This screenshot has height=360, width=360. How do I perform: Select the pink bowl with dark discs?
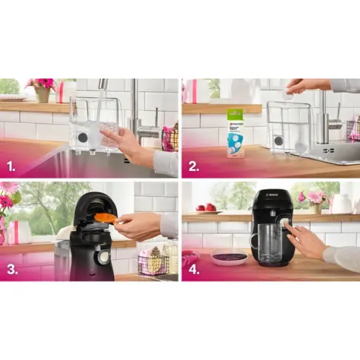230,257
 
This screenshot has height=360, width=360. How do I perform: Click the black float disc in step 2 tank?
278,139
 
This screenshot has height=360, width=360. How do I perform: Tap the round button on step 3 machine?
104,256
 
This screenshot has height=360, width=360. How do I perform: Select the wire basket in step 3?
153,262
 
